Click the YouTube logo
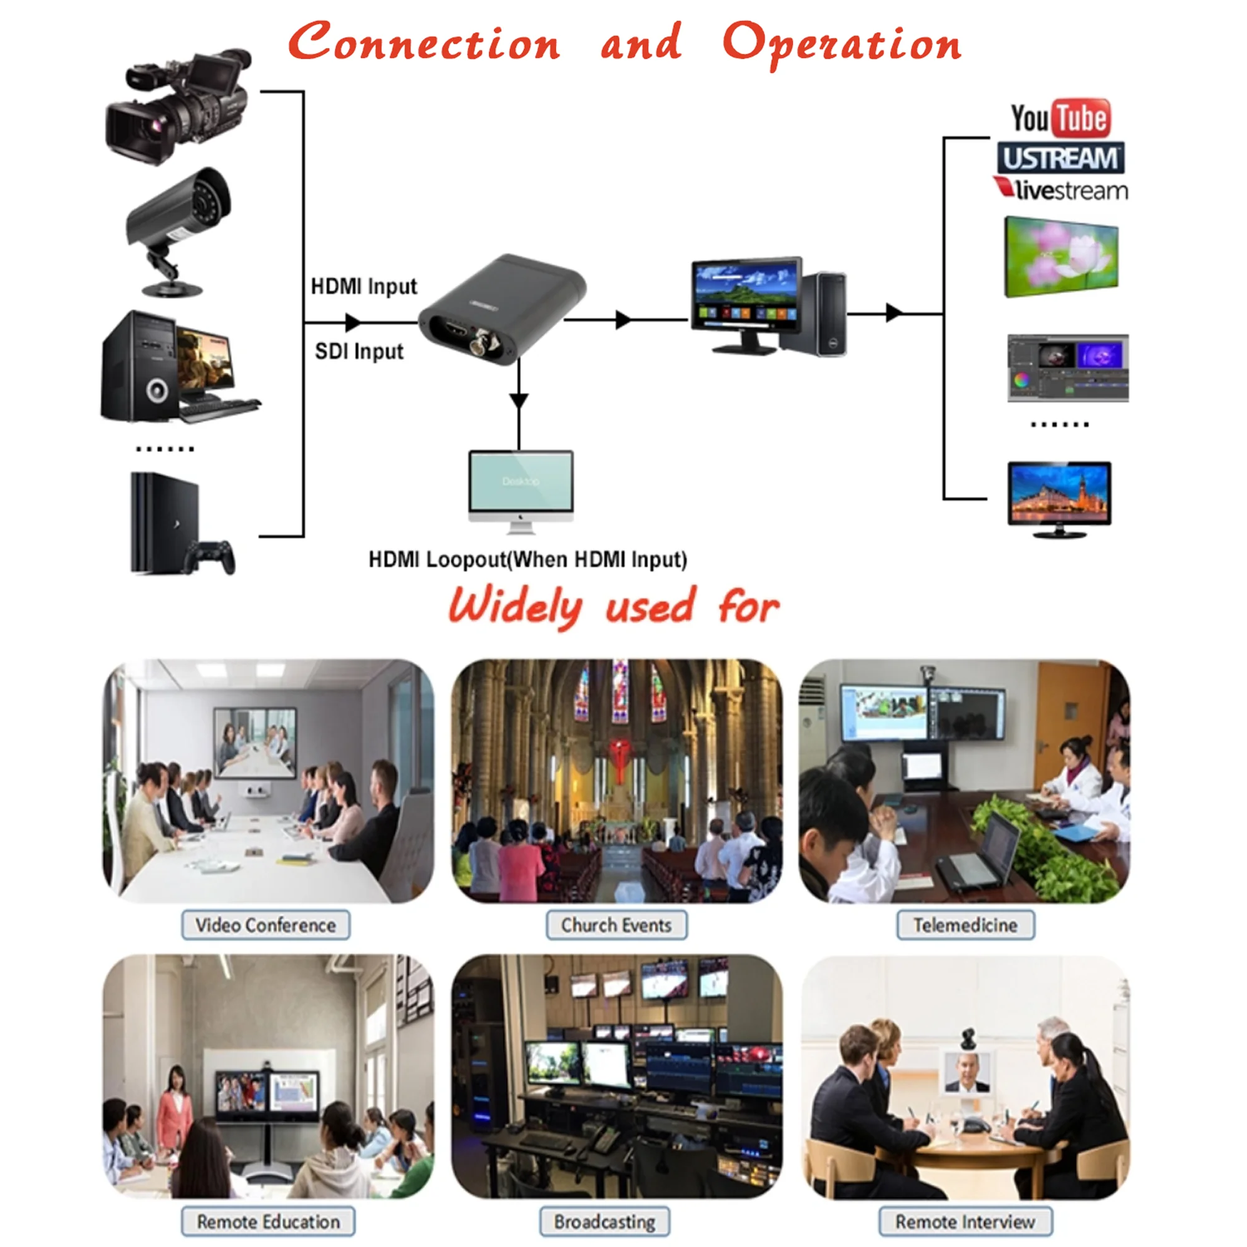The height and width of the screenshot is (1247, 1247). [x=1061, y=118]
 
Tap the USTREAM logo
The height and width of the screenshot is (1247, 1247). [x=1061, y=158]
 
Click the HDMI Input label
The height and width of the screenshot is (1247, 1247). [x=364, y=286]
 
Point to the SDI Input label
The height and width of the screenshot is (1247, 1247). [x=359, y=351]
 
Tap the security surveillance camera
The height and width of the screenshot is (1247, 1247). [x=178, y=229]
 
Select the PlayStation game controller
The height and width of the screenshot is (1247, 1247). [x=211, y=556]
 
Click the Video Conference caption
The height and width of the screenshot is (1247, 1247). [x=265, y=925]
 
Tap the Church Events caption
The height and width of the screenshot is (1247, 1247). [x=616, y=925]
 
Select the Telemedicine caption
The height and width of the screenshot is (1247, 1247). [x=965, y=925]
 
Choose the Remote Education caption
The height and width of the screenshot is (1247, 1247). [x=268, y=1222]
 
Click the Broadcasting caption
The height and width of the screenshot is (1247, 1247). [x=604, y=1222]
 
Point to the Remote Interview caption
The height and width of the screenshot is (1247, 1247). [x=965, y=1222]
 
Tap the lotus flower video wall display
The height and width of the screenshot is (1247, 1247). [x=1061, y=257]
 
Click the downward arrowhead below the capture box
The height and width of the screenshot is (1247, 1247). [x=518, y=401]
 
